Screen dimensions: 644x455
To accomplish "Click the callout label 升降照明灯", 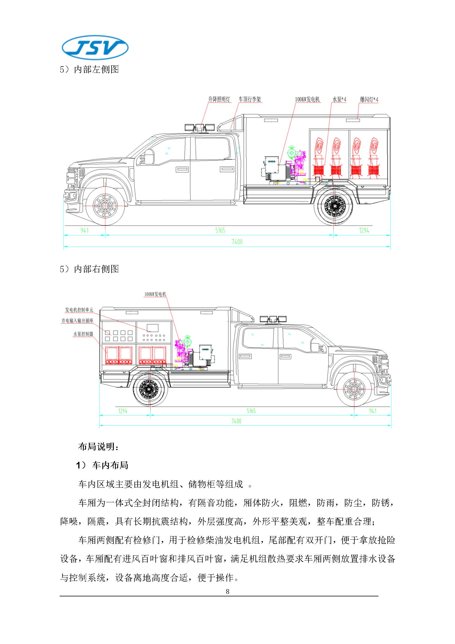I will tap(219, 100).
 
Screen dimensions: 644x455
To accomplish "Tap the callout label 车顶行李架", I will tap(250, 100).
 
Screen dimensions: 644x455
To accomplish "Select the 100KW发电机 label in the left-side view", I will tap(307, 100).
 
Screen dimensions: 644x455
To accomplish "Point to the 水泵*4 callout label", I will tap(339, 100).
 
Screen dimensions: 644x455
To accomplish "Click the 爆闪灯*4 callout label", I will tap(369, 100).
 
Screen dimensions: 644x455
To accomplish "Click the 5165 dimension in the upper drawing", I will tap(220, 230).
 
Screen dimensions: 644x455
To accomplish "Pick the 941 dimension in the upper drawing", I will tap(85, 230).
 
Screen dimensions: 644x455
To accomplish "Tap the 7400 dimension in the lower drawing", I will tap(236, 421).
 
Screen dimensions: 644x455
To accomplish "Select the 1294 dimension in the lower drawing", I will tap(123, 411).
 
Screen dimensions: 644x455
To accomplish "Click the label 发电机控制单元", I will tap(79, 310).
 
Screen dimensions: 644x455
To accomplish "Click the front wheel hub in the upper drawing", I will tap(105, 206).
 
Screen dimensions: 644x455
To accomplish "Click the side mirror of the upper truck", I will tap(149, 156).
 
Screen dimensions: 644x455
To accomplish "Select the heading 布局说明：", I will tap(98, 447).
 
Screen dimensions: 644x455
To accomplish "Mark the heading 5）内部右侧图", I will tap(89, 269).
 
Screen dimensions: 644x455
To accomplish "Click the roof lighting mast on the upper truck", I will tap(200, 128).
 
